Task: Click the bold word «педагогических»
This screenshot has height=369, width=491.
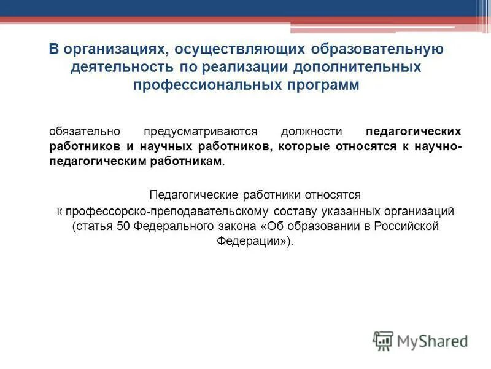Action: [x=413, y=132]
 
